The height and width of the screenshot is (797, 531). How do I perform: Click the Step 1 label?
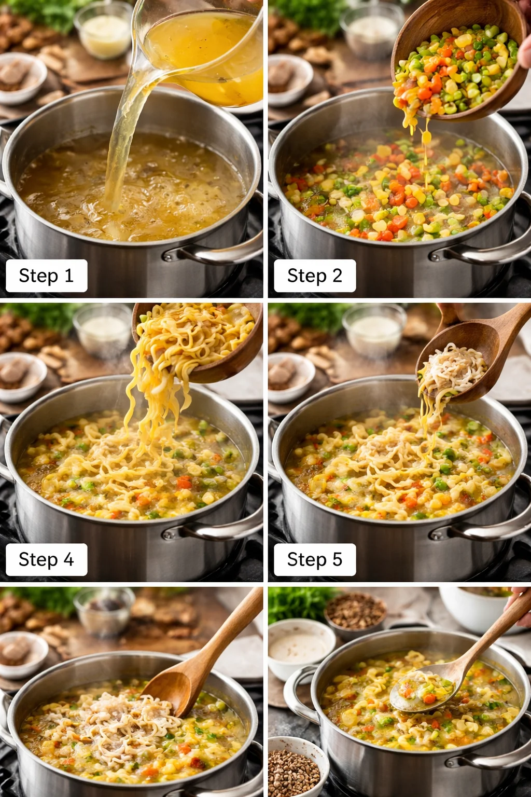pos(46,276)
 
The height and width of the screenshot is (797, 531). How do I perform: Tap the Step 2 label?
pos(315,276)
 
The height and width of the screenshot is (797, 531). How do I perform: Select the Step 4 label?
pos(46,559)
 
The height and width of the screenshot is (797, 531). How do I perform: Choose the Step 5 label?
pos(315,559)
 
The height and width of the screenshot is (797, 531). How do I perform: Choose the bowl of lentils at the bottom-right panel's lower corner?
pos(295,768)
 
